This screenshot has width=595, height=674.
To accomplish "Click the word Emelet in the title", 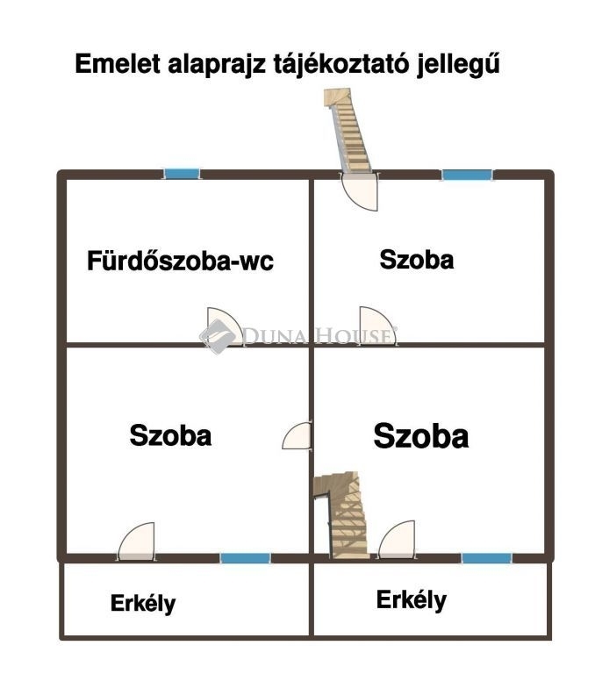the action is coord(118,64).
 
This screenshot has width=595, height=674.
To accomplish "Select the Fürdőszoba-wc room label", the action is coord(180,261).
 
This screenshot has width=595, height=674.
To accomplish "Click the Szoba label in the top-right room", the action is coord(417,260).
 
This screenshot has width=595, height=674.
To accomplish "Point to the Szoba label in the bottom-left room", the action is coord(170,435).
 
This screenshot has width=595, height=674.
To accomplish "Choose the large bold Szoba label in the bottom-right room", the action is coord(421,436).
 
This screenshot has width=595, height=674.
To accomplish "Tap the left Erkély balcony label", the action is coord(143,604).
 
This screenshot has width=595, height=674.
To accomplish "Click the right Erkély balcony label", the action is coord(412,600).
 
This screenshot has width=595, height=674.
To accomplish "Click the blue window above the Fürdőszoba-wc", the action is coord(182,174).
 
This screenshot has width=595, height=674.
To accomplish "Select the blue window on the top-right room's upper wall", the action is coord(468,175).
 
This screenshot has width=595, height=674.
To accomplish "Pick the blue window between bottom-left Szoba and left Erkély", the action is coord(246,558).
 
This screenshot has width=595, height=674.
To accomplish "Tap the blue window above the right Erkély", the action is coord(487,558).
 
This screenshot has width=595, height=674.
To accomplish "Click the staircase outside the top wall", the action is coord(348,130).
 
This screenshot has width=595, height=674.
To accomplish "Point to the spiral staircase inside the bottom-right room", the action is coord(342,514).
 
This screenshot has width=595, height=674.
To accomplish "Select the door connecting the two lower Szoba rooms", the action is coord(297,436).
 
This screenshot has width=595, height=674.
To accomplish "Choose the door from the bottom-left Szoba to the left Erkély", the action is coord(136,541).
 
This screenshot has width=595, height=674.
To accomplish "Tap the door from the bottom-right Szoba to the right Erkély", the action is coord(397,540).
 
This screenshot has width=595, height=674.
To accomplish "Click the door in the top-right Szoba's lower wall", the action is coord(377,326).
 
